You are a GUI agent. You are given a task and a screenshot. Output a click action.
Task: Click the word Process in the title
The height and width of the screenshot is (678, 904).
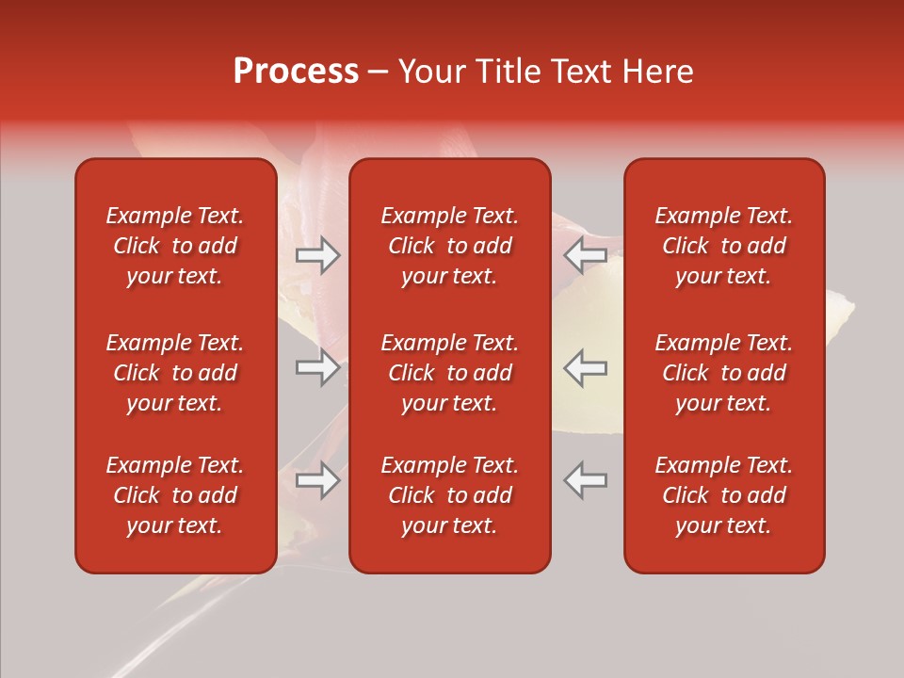point(296,72)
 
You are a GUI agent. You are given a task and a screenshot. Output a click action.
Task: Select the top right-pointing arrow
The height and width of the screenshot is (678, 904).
point(317,255)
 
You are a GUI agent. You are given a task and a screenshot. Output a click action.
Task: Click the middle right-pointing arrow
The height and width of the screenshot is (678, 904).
point(317,367)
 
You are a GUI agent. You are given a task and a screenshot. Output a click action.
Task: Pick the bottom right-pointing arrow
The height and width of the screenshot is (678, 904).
point(317,479)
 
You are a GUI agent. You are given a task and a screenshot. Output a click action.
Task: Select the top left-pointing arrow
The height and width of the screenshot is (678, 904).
point(585,255)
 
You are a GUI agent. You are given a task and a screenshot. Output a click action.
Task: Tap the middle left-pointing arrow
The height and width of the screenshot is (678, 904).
point(585,367)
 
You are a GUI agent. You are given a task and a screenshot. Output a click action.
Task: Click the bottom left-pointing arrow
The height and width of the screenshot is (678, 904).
point(585,479)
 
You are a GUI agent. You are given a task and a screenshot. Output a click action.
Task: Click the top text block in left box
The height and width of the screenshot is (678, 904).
point(175,246)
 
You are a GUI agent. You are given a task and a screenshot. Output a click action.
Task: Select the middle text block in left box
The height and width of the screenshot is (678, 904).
point(175,373)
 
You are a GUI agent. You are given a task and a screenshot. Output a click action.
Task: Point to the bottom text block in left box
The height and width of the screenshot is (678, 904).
point(175,495)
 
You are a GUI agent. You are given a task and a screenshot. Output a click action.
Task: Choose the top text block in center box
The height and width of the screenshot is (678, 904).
point(449,246)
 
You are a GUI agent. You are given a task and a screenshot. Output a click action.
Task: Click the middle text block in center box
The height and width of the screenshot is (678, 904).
point(449,373)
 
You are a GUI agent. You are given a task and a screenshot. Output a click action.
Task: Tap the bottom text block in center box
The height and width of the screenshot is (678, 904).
point(449,495)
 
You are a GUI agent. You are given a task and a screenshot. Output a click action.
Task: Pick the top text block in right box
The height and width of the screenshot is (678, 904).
point(724,246)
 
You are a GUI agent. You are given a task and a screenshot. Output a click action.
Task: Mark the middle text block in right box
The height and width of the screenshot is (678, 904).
point(724,373)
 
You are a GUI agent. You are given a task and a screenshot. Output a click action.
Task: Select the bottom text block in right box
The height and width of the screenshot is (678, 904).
point(724,495)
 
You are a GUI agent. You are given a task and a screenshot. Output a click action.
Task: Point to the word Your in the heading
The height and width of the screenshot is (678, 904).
point(429,72)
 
